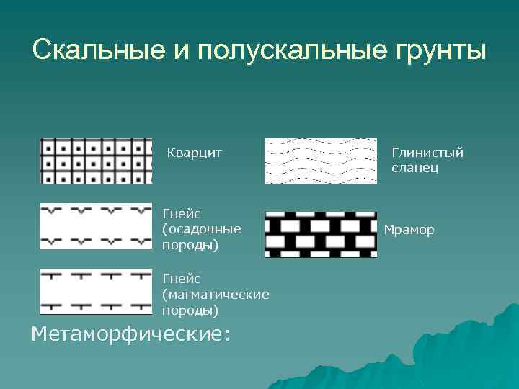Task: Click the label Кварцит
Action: pyautogui.click(x=194, y=152)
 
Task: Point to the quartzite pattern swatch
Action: pyautogui.click(x=96, y=161)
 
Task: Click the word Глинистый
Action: pyautogui.click(x=427, y=152)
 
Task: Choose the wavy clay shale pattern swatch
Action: pyautogui.click(x=321, y=161)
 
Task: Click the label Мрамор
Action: pyautogui.click(x=409, y=231)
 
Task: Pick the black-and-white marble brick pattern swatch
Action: pyautogui.click(x=321, y=234)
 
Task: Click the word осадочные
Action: pyautogui.click(x=202, y=229)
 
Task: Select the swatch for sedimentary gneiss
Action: pyautogui.click(x=96, y=226)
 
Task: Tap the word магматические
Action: pyautogui.click(x=216, y=295)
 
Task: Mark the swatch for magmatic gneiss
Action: pyautogui.click(x=96, y=292)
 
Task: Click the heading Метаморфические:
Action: pyautogui.click(x=130, y=334)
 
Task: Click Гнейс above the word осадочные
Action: pyautogui.click(x=181, y=213)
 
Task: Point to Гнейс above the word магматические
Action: pyautogui.click(x=181, y=278)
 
